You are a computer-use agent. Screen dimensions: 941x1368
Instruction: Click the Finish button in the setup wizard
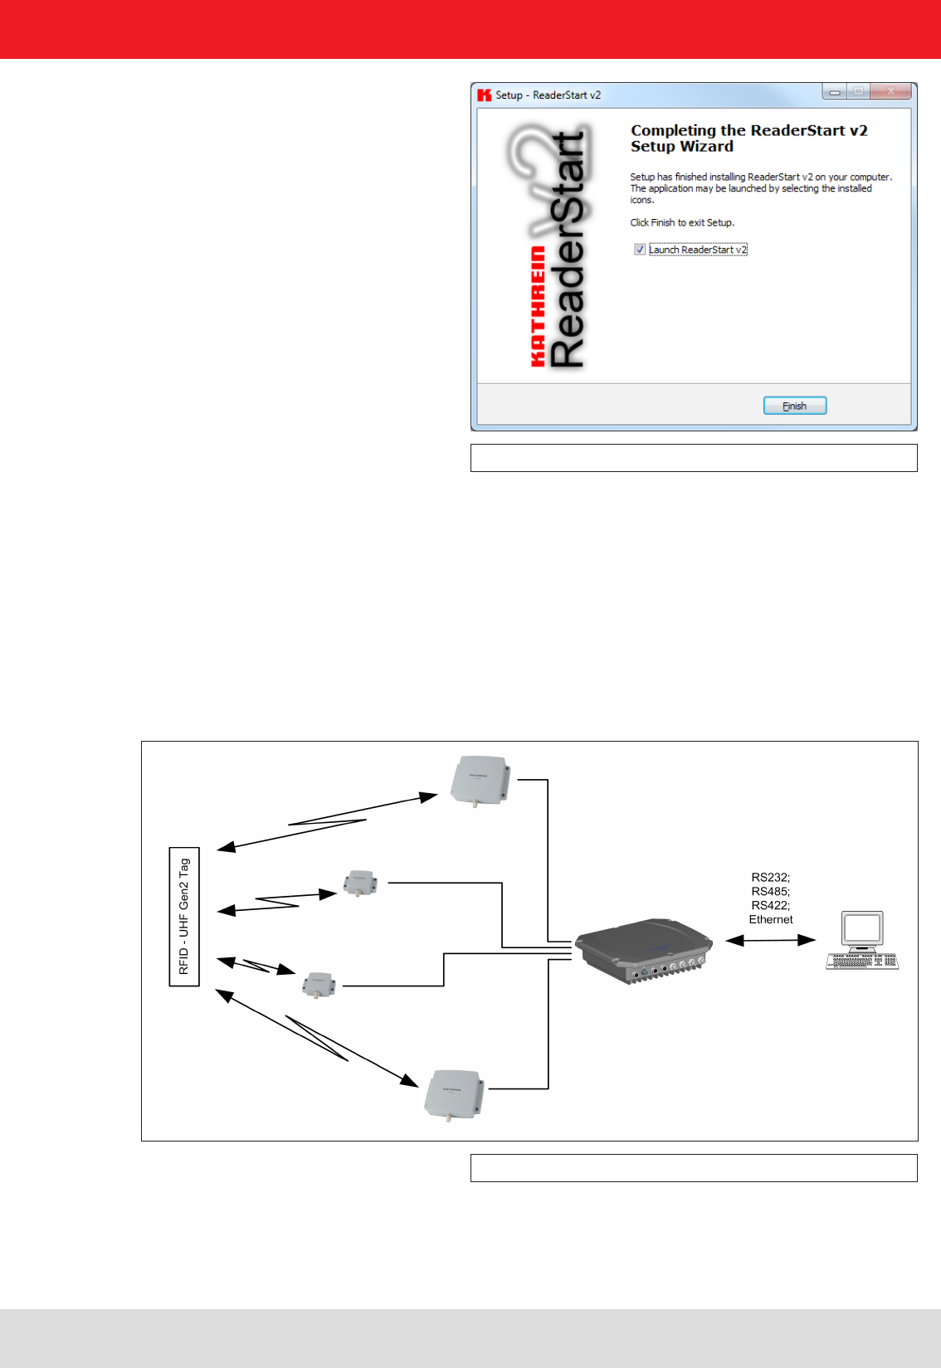[794, 406]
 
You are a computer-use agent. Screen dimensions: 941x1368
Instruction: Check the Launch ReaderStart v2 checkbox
[640, 249]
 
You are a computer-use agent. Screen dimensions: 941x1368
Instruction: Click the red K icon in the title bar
[485, 95]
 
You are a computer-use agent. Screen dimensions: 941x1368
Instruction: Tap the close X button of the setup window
[891, 91]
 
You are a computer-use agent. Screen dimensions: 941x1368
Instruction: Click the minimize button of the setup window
[835, 92]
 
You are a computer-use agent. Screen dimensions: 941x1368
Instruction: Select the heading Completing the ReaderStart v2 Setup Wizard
[748, 139]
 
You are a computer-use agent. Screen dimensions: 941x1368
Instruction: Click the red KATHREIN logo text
[538, 306]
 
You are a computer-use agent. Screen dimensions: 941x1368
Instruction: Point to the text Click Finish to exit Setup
[682, 222]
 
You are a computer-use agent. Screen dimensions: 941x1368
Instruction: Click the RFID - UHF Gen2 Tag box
[184, 916]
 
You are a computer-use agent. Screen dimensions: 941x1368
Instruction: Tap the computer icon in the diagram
[862, 940]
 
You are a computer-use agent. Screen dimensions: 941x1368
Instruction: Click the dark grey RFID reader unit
[644, 949]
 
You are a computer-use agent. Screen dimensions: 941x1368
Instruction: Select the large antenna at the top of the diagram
[480, 780]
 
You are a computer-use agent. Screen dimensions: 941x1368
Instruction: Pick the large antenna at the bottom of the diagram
[453, 1094]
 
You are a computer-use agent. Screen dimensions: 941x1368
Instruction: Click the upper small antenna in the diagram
[360, 884]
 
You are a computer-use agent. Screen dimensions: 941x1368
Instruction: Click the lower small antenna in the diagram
[319, 984]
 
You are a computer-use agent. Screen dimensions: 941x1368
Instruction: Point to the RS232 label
[770, 877]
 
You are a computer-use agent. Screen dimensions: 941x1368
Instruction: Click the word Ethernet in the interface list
[771, 919]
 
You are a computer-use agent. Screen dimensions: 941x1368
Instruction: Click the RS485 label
[770, 891]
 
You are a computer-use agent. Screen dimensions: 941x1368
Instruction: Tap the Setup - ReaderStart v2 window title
[548, 95]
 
